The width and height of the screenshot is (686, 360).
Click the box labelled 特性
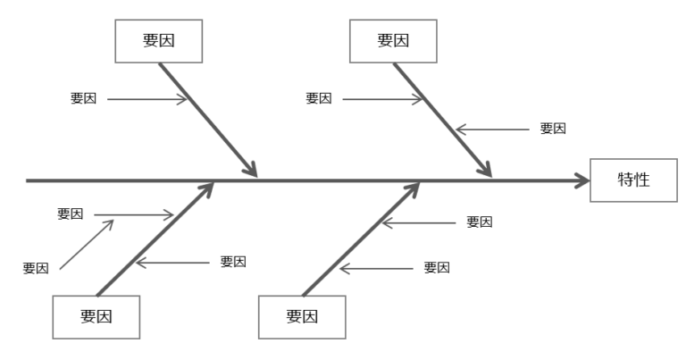pos(633,180)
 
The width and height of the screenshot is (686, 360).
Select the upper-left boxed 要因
pos(160,41)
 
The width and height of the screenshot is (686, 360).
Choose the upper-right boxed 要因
pos(394,41)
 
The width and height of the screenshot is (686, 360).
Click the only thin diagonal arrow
pos(86,244)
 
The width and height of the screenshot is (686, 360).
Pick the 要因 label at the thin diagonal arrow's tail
pos(36,268)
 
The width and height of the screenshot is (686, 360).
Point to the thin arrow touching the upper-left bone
pos(147,98)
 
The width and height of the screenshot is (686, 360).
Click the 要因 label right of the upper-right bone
pos(553,129)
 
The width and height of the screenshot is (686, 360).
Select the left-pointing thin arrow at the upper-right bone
pos(491,129)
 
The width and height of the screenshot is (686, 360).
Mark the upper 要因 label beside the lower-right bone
pos(480,222)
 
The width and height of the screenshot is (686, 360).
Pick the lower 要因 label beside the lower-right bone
pos(437,267)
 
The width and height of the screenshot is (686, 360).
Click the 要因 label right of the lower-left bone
pos(233,262)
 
